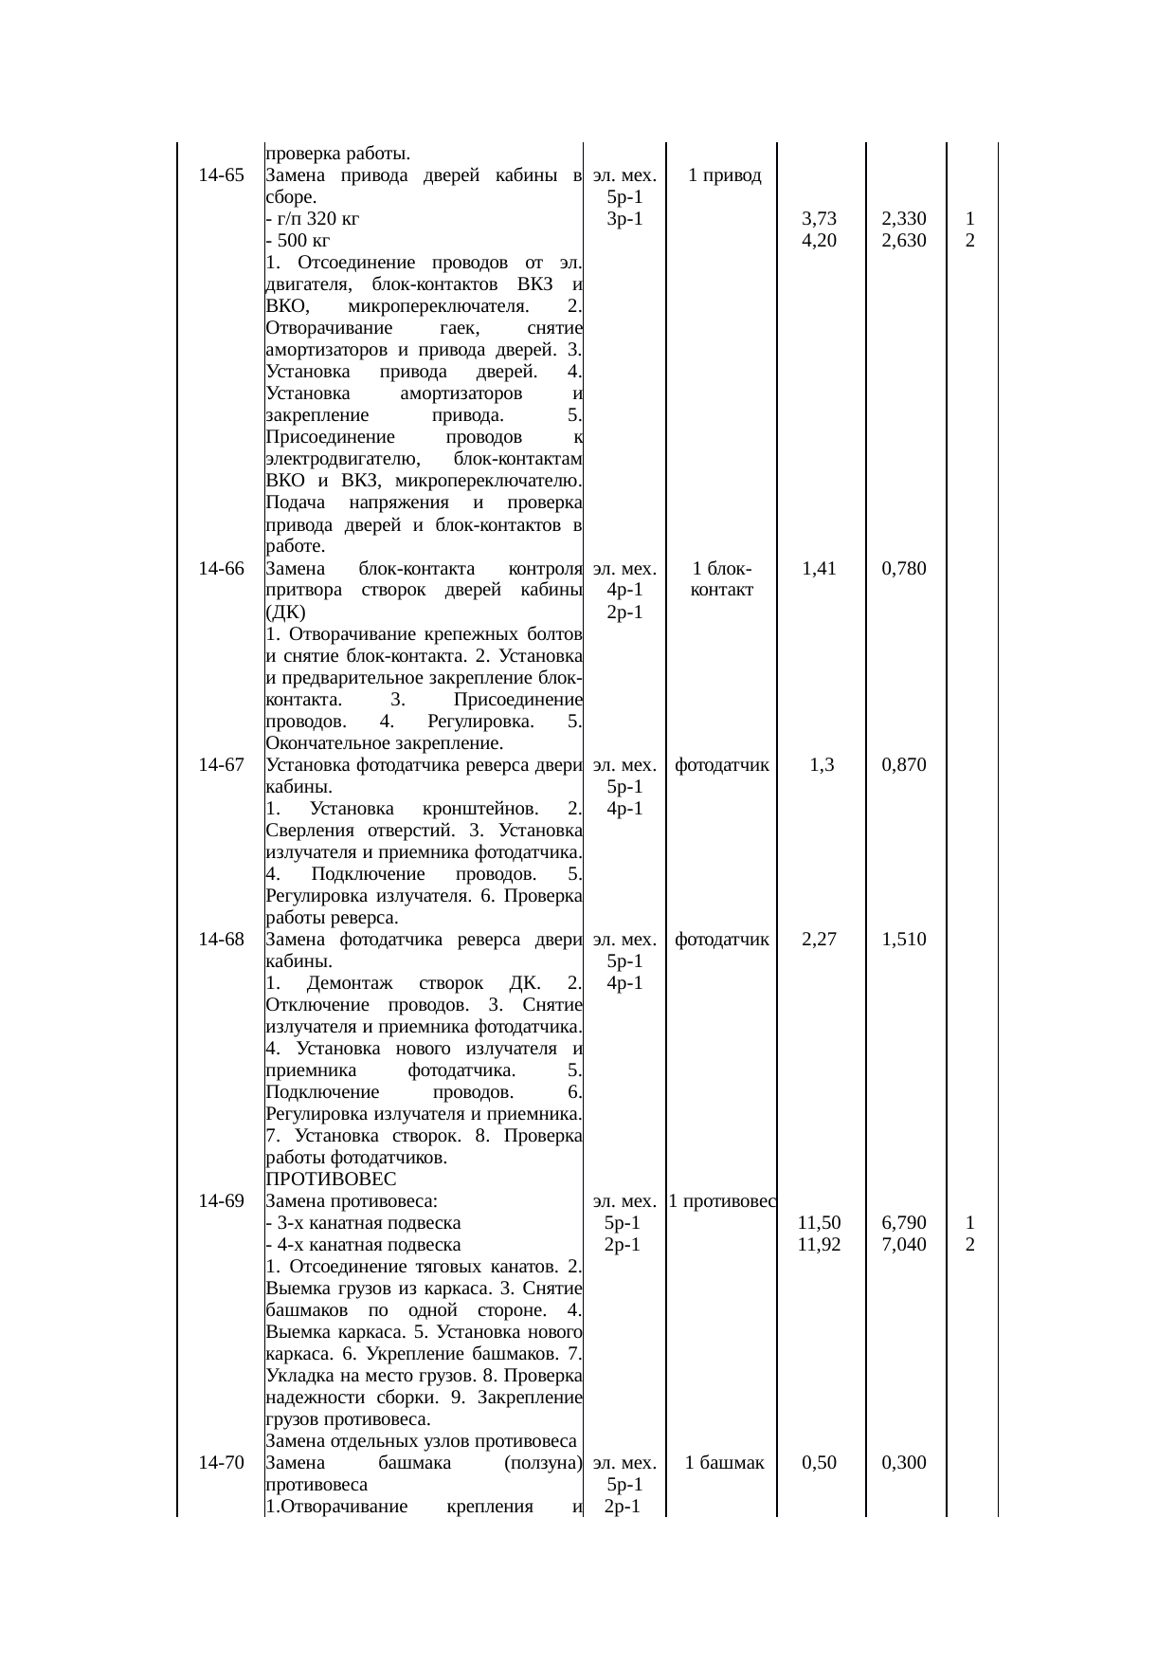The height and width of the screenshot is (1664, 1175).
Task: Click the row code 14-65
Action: click(x=222, y=175)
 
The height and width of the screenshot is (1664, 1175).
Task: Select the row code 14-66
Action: click(x=222, y=569)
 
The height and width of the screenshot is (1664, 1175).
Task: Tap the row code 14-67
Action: click(x=222, y=765)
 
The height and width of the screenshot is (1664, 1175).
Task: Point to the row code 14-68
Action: click(x=222, y=940)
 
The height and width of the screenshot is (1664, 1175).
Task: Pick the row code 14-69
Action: click(x=222, y=1201)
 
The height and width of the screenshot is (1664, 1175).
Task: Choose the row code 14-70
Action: click(x=222, y=1463)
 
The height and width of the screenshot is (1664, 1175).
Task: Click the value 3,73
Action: click(x=819, y=219)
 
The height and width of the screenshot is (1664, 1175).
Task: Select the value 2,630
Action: click(x=903, y=241)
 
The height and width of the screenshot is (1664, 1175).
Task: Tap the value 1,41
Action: click(x=819, y=569)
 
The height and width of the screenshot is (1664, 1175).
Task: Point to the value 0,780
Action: click(x=903, y=569)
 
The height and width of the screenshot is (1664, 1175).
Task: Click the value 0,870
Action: click(x=903, y=765)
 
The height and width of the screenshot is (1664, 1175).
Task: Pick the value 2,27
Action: click(x=819, y=940)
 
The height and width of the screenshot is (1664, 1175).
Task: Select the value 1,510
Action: click(x=903, y=940)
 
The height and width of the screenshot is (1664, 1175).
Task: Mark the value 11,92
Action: click(x=819, y=1245)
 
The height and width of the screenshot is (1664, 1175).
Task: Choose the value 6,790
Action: click(x=903, y=1223)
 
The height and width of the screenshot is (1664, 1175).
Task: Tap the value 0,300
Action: click(x=903, y=1463)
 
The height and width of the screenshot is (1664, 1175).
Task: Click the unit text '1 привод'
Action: click(x=725, y=175)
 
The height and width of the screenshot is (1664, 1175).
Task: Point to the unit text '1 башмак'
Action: click(x=724, y=1463)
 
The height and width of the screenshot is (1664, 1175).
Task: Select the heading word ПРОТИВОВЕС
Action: click(x=324, y=1179)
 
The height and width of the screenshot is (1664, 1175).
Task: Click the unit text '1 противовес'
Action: click(x=722, y=1201)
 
